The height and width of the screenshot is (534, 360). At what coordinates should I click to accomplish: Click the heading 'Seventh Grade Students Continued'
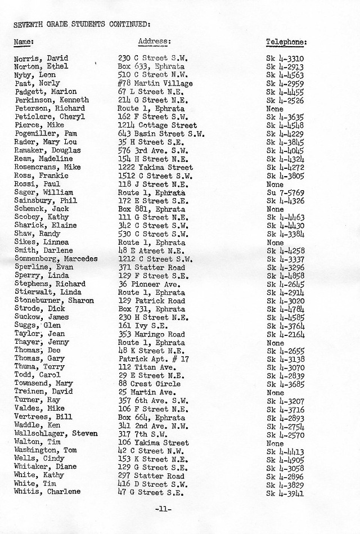pos(81,24)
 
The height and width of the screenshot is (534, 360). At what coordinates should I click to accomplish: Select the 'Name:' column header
pos(24,42)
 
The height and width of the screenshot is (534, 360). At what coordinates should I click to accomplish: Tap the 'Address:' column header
pos(154,42)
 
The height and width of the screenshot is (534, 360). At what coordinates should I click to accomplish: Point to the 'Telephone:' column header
pos(286,42)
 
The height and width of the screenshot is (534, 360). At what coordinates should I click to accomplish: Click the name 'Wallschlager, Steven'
pos(56,434)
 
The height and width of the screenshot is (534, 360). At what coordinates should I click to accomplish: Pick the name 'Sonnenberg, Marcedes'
pos(56,259)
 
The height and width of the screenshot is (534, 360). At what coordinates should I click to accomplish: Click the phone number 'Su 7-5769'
pos(285,192)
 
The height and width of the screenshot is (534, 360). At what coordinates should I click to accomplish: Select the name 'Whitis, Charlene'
pos(47,491)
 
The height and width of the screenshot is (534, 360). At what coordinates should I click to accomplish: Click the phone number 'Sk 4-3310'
pos(285,58)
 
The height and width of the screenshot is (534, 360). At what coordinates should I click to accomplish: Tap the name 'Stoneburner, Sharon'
pos(54,300)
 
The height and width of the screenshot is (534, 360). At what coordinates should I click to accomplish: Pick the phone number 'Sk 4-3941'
pos(285,492)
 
